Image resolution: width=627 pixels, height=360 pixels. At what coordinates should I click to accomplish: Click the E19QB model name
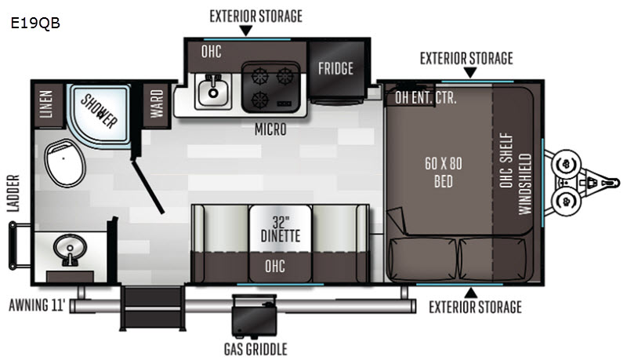tap(35, 24)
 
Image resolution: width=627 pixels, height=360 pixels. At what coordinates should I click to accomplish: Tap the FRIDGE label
tap(335, 68)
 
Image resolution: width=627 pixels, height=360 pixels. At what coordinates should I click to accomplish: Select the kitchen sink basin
tap(212, 92)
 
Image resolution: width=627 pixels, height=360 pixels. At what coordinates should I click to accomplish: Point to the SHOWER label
tap(99, 111)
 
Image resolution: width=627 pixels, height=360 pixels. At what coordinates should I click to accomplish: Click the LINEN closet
tap(46, 104)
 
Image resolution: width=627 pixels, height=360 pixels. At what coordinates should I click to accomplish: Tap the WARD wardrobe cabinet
tap(157, 104)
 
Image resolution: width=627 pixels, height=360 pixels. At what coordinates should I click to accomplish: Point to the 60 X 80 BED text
tap(443, 172)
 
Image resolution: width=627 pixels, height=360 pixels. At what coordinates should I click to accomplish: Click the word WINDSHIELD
tap(524, 184)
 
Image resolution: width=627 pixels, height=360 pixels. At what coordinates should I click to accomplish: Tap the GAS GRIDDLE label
tap(256, 349)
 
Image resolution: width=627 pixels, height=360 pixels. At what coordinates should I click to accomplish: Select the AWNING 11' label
tap(36, 305)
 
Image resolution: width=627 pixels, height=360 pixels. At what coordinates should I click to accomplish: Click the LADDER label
tap(13, 193)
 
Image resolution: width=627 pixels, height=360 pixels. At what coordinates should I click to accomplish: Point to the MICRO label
tap(270, 129)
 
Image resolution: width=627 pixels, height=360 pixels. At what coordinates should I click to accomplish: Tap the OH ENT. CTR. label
tap(426, 97)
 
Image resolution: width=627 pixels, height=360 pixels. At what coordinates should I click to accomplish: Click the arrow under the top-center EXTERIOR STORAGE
tap(245, 31)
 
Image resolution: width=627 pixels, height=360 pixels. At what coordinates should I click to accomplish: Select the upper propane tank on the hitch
tap(566, 164)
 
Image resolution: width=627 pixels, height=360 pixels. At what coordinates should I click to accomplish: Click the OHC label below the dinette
tap(275, 266)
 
